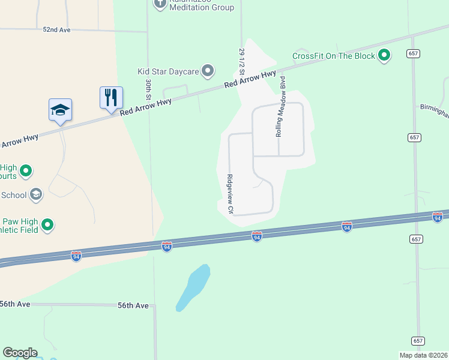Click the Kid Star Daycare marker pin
tap(208, 71)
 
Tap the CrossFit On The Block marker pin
tap(384, 56)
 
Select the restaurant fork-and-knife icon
tap(111, 97)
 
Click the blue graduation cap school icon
tap(60, 109)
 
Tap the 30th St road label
tap(147, 88)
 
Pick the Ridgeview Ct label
tap(229, 194)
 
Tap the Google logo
tap(20, 353)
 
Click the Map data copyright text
tap(423, 355)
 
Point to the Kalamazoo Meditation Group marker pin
tap(160, 4)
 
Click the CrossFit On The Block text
tap(333, 56)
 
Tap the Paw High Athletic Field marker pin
tap(47, 226)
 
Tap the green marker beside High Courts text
tap(26, 172)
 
